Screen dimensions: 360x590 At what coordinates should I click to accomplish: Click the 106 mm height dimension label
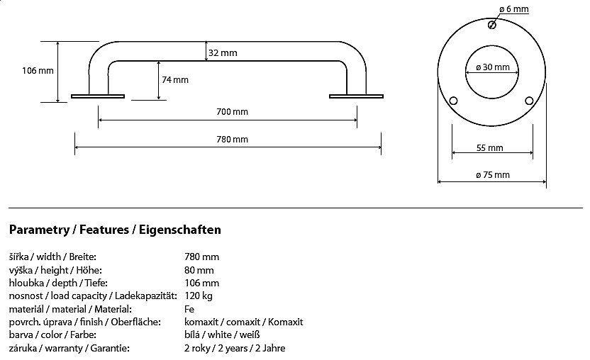pos(38,70)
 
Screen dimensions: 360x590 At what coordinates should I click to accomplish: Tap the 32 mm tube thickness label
pos(223,52)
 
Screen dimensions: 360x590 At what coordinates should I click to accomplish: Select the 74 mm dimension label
pos(175,79)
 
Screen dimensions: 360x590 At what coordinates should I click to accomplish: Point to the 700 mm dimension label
pos(233,111)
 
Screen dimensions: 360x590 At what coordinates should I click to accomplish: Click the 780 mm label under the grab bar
pos(233,139)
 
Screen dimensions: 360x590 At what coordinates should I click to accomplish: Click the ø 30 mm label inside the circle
pos(493,67)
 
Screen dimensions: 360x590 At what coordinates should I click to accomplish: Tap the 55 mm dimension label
pos(490,148)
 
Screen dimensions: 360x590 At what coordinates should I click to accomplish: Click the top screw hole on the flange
pos(492,25)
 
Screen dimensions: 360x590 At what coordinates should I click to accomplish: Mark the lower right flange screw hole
pos(528,99)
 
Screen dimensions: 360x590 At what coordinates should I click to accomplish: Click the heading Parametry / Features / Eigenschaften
pos(115,230)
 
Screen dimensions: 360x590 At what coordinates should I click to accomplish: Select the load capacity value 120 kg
pos(198,296)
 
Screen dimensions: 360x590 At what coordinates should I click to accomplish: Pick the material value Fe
pos(189,309)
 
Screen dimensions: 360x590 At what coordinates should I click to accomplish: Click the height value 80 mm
pos(199,270)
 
